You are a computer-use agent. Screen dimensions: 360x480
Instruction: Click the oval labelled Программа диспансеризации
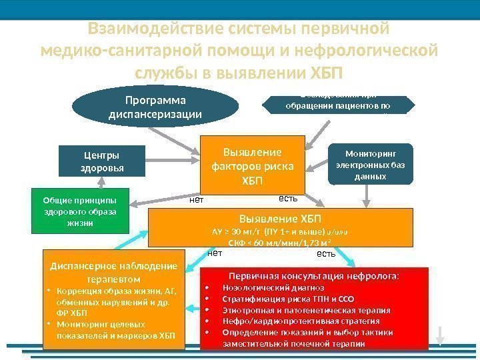(x=155, y=107)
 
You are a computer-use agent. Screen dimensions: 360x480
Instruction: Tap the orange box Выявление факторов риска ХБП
(x=253, y=166)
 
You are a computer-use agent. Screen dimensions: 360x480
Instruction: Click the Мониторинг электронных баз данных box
(x=371, y=164)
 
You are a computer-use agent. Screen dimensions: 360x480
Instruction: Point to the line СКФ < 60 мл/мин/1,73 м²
(x=280, y=243)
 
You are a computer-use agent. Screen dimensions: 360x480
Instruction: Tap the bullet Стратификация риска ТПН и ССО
(x=288, y=299)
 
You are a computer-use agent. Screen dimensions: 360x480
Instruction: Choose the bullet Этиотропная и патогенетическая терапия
(x=307, y=311)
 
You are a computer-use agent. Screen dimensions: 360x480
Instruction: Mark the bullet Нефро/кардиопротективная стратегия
(x=297, y=321)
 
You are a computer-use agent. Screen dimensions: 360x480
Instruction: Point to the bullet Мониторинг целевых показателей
(x=112, y=329)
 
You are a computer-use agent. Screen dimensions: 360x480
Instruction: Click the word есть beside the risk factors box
(x=288, y=198)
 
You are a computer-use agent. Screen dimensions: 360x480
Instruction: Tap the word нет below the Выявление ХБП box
(x=215, y=253)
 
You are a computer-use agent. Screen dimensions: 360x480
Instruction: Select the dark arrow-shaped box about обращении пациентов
(x=339, y=105)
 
